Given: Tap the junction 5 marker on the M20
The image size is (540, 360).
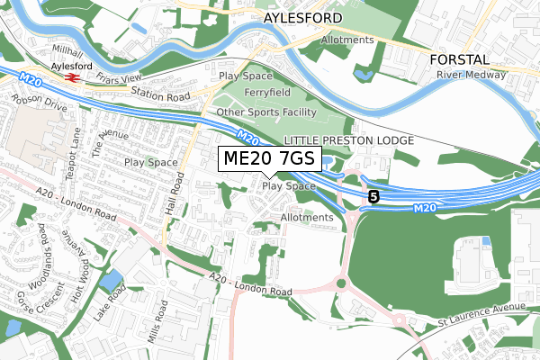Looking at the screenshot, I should (x=373, y=195).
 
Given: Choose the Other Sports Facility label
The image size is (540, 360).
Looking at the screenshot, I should (x=266, y=112).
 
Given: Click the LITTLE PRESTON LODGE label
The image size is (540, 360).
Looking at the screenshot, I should (x=348, y=141).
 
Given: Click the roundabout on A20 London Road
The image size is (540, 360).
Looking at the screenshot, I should (x=340, y=283).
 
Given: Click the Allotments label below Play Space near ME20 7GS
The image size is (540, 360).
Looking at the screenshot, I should (x=307, y=218).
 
